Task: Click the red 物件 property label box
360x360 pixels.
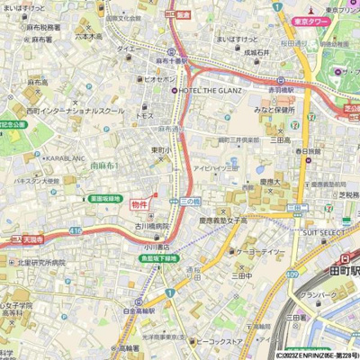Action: click(x=140, y=205)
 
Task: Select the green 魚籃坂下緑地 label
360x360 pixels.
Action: click(x=158, y=258)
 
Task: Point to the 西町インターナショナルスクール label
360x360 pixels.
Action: click(x=76, y=110)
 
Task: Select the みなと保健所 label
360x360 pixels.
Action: click(x=274, y=110)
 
